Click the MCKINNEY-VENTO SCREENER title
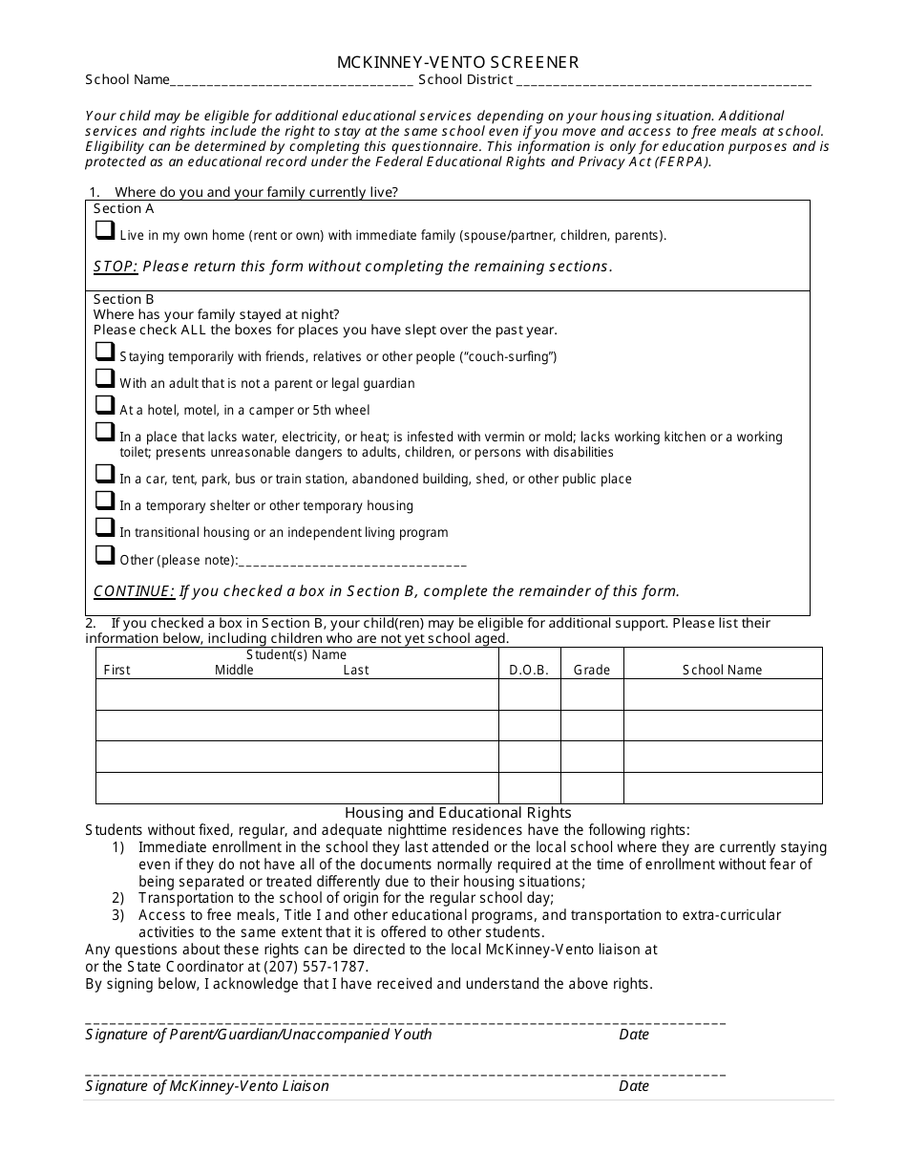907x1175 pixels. [457, 62]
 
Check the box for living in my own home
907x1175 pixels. [104, 231]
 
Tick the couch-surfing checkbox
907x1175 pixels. [104, 352]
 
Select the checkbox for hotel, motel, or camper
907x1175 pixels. [104, 406]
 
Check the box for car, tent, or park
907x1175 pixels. [104, 475]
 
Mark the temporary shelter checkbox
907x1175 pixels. [104, 502]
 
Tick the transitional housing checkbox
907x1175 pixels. [104, 528]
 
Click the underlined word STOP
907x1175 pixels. [116, 267]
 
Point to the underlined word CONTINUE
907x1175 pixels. [134, 591]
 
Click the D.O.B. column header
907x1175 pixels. [529, 670]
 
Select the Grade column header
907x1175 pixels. [591, 670]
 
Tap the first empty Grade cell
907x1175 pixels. [591, 694]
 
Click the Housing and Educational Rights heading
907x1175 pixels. [457, 813]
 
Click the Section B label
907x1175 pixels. [123, 299]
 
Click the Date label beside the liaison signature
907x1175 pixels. [634, 1086]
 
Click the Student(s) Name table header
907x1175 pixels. [296, 655]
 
